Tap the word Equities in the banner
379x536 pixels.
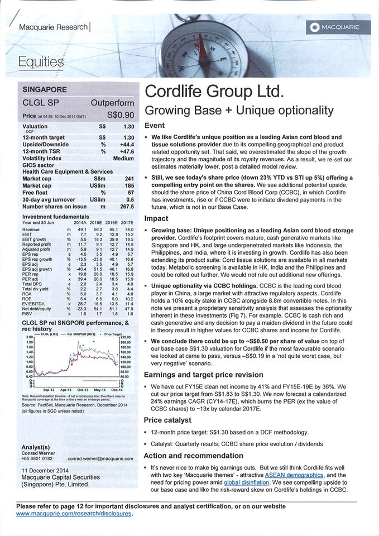tap(41, 61)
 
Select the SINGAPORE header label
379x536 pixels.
tap(44, 89)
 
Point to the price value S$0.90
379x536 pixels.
tap(121, 115)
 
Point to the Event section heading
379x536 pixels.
tap(155, 126)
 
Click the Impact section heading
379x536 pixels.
tap(156, 218)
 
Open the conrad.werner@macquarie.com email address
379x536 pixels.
tap(100, 458)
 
